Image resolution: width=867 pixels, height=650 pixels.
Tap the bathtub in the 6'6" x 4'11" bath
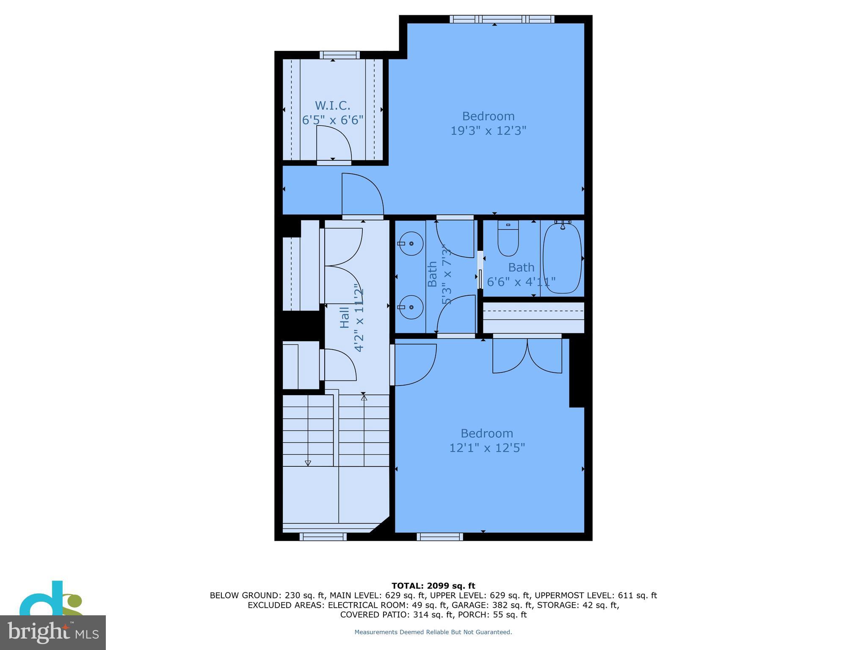562,258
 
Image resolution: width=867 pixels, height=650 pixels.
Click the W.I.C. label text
332,105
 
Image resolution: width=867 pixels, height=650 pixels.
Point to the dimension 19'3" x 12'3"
488,131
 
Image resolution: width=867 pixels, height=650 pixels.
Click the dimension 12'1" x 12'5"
487,448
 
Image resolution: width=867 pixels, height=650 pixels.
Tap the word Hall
345,317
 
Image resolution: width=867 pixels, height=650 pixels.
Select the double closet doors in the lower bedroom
527,355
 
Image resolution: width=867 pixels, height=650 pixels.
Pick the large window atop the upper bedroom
502,19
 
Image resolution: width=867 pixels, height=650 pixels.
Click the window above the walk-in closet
340,55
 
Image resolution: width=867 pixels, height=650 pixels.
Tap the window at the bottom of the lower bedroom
439,537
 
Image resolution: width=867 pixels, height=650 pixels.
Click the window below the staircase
323,537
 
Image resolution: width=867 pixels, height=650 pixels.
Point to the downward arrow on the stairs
308,463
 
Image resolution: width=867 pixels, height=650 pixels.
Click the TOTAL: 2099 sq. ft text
433,586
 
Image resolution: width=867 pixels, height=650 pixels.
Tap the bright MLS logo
52,632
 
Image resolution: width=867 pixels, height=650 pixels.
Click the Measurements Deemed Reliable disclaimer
433,632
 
